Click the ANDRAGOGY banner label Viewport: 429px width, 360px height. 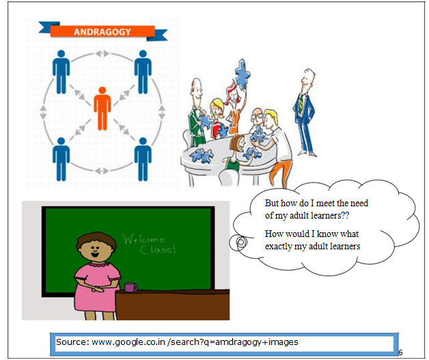click(x=102, y=31)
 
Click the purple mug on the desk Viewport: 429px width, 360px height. click(x=130, y=287)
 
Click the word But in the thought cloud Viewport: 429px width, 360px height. click(x=273, y=204)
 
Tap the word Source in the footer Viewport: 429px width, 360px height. click(x=71, y=342)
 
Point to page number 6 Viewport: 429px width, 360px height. click(x=400, y=352)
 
